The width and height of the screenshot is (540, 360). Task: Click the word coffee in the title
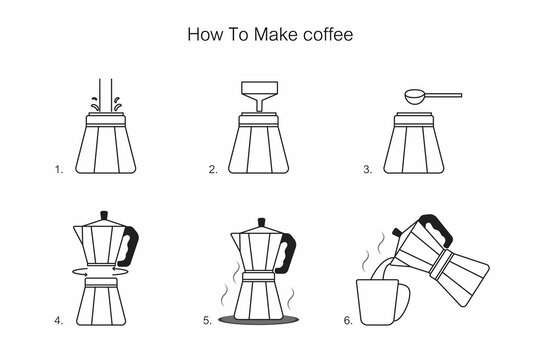(325, 34)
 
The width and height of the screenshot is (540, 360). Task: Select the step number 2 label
(213, 170)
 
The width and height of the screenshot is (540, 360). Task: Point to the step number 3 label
(368, 170)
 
